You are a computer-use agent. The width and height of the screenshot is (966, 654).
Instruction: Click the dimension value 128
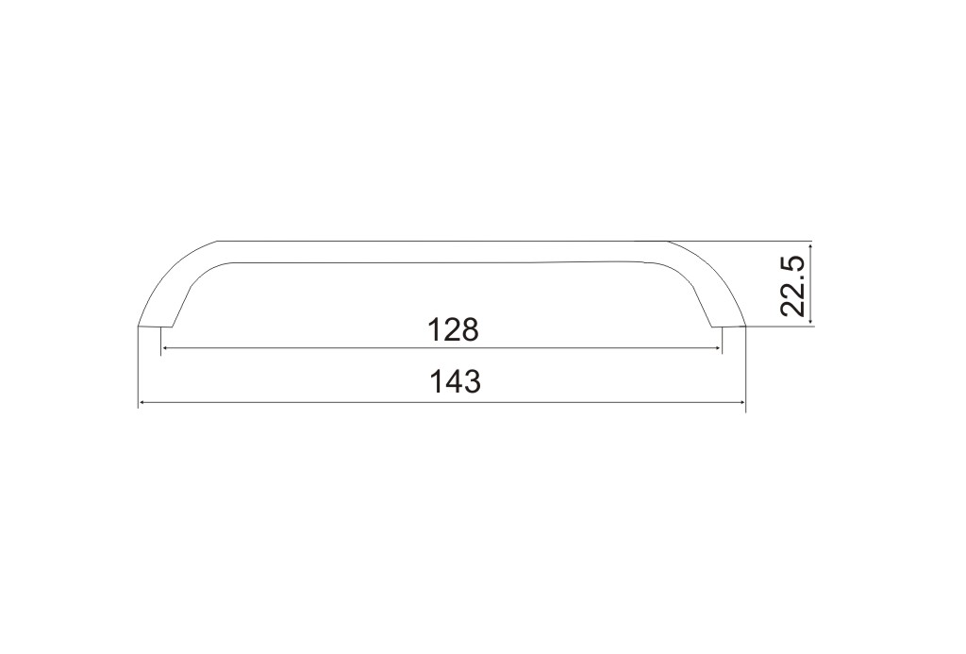pyautogui.click(x=453, y=330)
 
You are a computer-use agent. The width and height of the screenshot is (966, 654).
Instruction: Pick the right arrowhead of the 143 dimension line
pyautogui.click(x=741, y=403)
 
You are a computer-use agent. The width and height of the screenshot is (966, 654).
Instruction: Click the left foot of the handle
pyautogui.click(x=156, y=326)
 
